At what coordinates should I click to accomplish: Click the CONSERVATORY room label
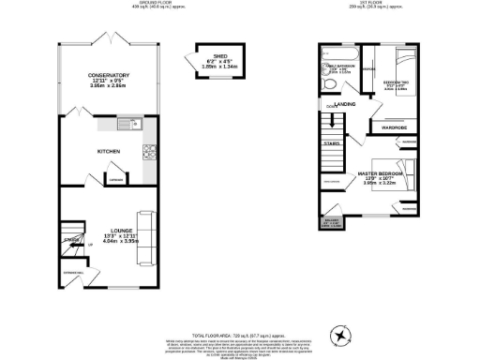tap(109, 75)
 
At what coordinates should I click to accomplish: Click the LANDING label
tap(343, 103)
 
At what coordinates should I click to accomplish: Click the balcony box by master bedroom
tap(330, 223)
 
